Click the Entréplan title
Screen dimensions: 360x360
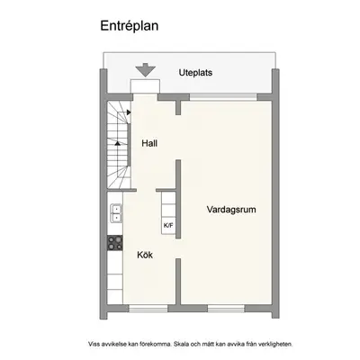pos(130,26)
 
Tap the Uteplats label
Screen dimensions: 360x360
pos(195,73)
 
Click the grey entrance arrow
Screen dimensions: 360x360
pos(145,70)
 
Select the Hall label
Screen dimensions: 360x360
pos(149,143)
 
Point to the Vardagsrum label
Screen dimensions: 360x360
pos(231,210)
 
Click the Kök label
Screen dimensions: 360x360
pos(145,255)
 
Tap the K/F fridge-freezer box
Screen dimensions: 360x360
pos(168,225)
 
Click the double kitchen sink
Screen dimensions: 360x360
pos(116,213)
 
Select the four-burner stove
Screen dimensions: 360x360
pos(115,243)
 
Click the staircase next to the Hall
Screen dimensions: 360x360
pos(120,145)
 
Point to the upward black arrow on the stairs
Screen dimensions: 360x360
pos(118,143)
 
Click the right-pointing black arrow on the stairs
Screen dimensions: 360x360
pos(129,112)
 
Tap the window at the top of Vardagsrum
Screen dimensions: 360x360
pos(223,97)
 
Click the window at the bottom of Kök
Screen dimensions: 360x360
pos(148,309)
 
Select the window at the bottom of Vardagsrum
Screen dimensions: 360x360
pos(226,309)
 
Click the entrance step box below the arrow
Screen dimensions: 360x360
pos(145,86)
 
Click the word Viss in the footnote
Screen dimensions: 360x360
pos(94,344)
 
